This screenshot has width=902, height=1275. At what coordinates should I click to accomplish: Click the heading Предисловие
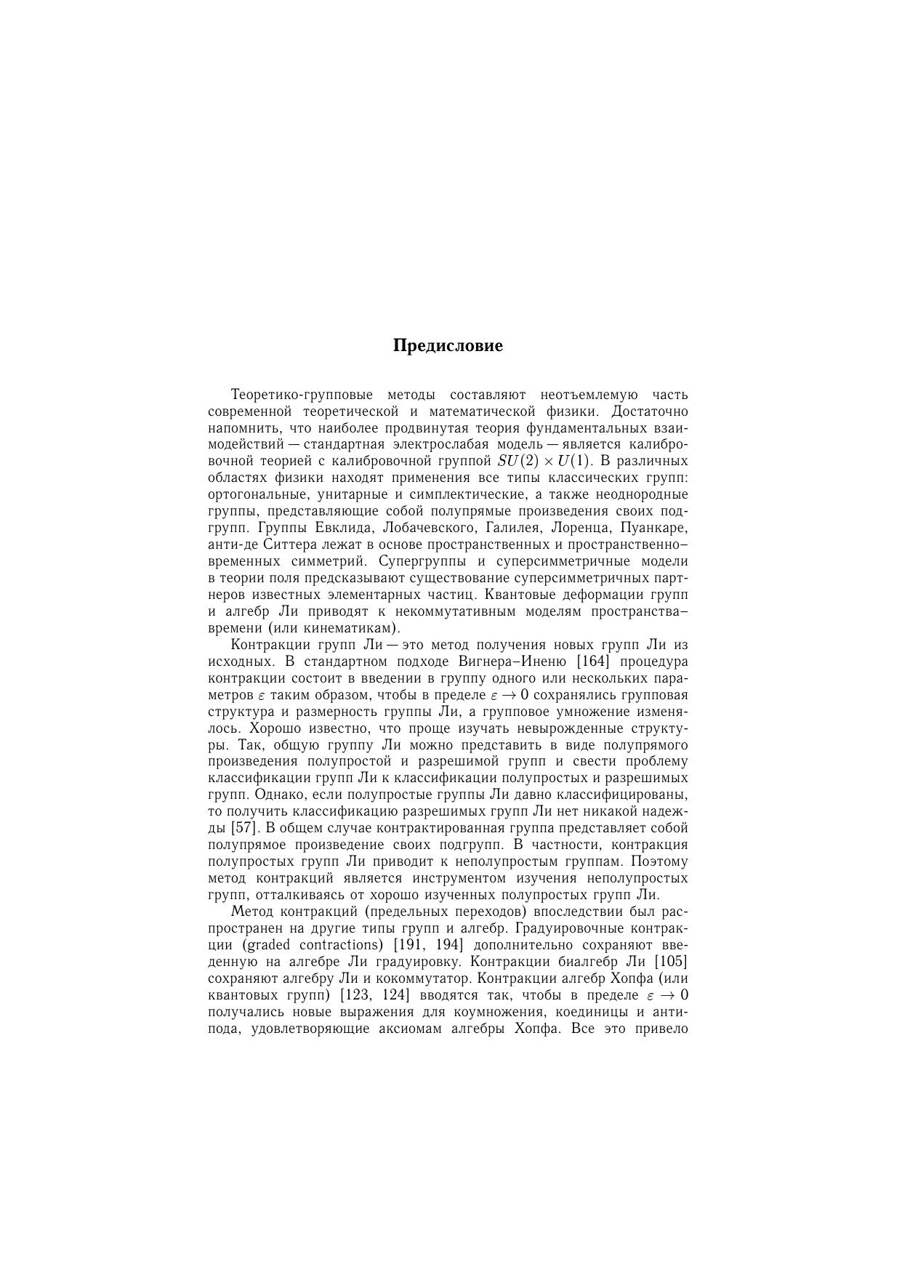click(x=448, y=345)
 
